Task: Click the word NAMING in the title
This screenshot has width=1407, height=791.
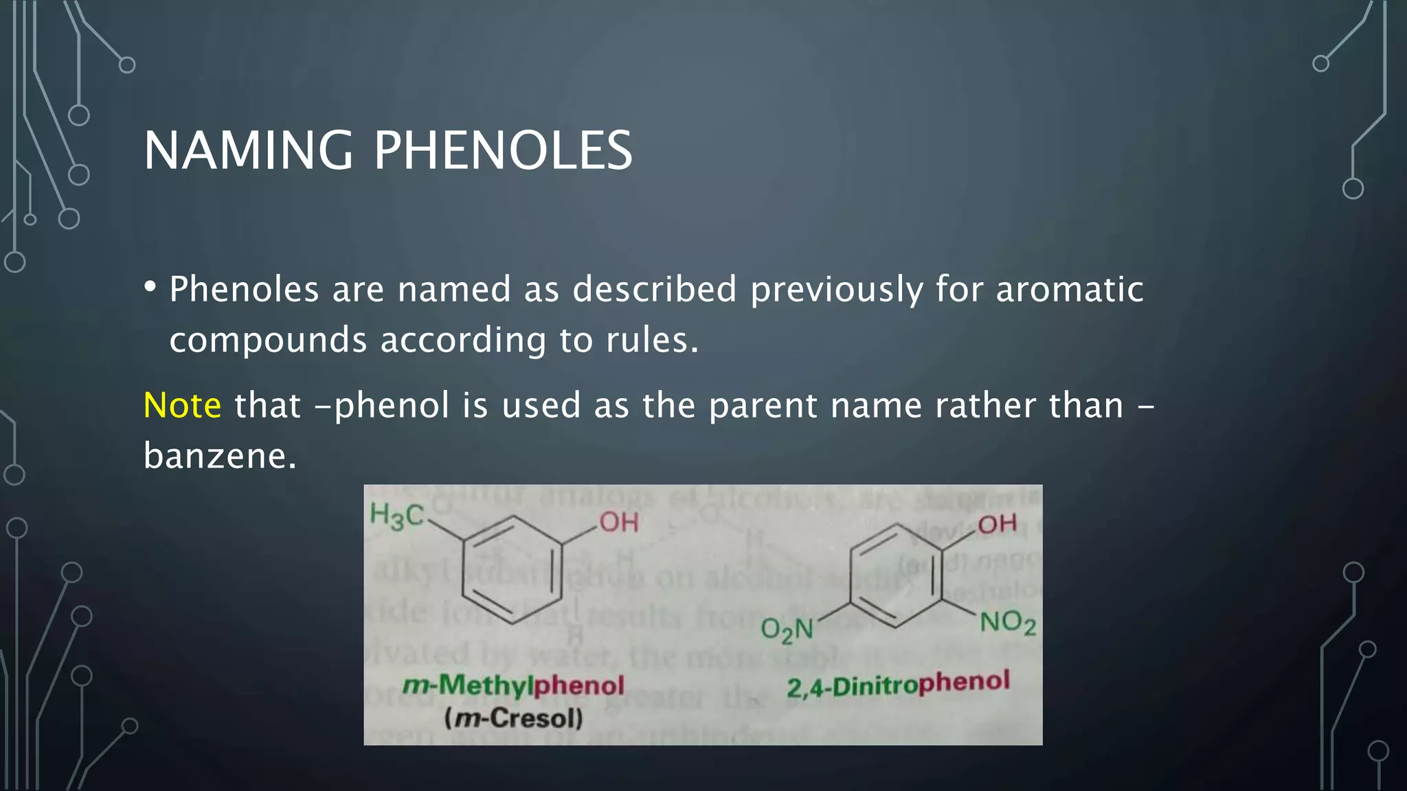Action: tap(248, 150)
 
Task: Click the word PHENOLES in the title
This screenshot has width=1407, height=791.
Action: tap(503, 150)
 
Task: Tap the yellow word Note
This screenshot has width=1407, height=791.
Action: tap(182, 405)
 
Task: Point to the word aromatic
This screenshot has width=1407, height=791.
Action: tap(1070, 289)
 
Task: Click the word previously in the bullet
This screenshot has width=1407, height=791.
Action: tap(836, 289)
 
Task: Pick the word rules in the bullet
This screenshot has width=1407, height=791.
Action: tap(652, 340)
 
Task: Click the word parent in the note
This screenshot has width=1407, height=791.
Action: tap(763, 405)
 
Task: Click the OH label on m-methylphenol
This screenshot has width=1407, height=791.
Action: tap(619, 523)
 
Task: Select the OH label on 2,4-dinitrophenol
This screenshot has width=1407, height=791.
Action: tap(997, 524)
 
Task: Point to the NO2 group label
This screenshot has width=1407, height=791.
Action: tap(1007, 623)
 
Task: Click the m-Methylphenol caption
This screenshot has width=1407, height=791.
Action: tap(513, 685)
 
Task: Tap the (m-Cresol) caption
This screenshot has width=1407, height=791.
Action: tap(513, 718)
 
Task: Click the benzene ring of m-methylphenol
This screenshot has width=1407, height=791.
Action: tap(513, 569)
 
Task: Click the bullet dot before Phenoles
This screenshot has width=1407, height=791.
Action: tap(150, 286)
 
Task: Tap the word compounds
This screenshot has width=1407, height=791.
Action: tap(268, 341)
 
